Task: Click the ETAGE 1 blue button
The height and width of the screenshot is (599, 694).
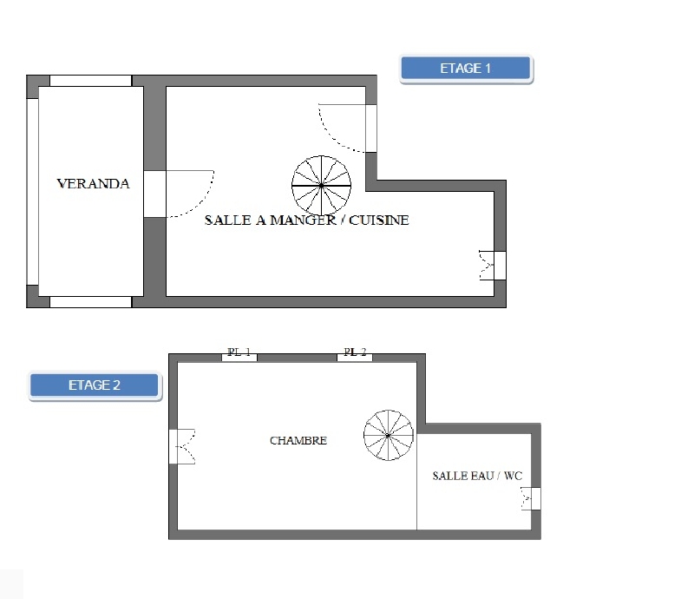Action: tap(466, 69)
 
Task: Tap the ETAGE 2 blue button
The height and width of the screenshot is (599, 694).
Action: tap(95, 385)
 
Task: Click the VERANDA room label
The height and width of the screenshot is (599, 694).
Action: tap(94, 184)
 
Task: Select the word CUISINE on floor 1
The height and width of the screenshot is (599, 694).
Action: tap(379, 221)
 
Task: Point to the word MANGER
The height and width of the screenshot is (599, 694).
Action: tap(303, 221)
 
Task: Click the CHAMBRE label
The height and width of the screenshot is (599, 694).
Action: tap(298, 440)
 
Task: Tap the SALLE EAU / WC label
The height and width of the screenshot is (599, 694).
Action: tap(477, 476)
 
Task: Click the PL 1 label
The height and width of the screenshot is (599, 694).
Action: tap(239, 352)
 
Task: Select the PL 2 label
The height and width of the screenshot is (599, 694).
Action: tap(355, 352)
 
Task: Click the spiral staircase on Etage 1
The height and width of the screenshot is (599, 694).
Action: tap(321, 186)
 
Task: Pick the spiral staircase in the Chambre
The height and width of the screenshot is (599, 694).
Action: tap(388, 435)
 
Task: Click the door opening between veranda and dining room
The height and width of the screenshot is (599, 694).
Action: tap(155, 194)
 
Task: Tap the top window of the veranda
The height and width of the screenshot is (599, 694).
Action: tap(91, 81)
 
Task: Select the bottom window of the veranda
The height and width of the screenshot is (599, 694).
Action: tap(91, 302)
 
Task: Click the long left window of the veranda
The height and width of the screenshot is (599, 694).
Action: tap(33, 191)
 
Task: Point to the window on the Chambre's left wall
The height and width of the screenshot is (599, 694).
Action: tap(173, 446)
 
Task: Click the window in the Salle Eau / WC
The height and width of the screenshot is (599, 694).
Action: tap(535, 499)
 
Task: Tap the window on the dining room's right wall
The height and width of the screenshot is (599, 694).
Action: tap(501, 266)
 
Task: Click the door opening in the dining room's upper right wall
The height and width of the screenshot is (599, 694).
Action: tap(371, 128)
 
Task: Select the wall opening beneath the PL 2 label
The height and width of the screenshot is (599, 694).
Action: tap(355, 358)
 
